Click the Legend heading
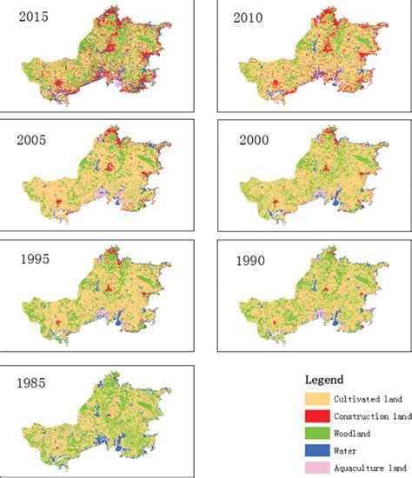(324, 380)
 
